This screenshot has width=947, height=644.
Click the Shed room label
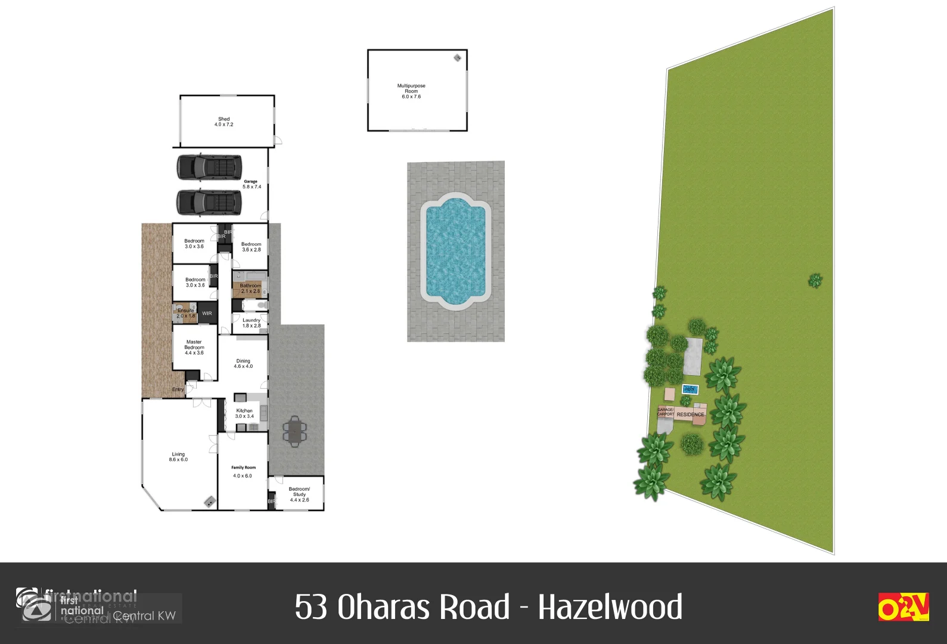point(224,122)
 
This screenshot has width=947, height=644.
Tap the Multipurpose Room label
point(411,91)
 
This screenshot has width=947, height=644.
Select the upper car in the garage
point(209,167)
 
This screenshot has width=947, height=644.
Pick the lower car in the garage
point(209,202)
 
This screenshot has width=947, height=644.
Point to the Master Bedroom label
point(194,348)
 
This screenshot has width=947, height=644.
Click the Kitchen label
point(244,413)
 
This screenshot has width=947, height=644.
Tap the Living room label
point(178,457)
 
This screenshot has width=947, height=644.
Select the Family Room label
point(243,471)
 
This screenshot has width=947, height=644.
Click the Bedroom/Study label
point(299,494)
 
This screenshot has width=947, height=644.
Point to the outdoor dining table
point(294,431)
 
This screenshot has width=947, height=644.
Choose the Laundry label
point(252,323)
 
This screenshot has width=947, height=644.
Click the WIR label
point(207,314)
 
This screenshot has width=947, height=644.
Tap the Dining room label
point(243,363)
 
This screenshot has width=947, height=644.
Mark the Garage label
point(251,184)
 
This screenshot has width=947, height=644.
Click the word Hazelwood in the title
point(610,607)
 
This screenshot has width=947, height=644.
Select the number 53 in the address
point(311,607)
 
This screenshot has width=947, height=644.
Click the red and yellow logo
point(903,607)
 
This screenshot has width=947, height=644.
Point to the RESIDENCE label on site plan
point(690,414)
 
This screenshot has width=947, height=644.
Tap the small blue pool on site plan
point(690,389)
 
